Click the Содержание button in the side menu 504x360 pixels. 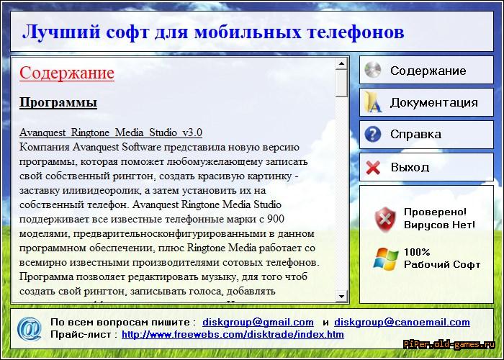click(426, 70)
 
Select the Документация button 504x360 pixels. click(426, 102)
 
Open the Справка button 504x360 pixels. click(426, 135)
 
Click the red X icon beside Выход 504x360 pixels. click(373, 167)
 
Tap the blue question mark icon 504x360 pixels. click(373, 134)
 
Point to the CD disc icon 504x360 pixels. click(373, 70)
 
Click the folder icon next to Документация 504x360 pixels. click(373, 102)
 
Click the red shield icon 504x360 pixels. click(385, 219)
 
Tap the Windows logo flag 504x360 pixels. click(385, 258)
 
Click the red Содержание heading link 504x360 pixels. click(67, 73)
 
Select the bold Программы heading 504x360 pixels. click(58, 102)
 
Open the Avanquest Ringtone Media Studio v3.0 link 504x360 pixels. click(111, 132)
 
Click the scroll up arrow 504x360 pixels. click(341, 63)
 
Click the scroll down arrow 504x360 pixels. click(341, 296)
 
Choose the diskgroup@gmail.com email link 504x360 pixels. click(258, 322)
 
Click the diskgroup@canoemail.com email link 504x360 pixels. click(402, 322)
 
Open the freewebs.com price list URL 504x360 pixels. click(233, 335)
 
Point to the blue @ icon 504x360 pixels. click(30, 328)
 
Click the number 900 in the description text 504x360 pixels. click(276, 219)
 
